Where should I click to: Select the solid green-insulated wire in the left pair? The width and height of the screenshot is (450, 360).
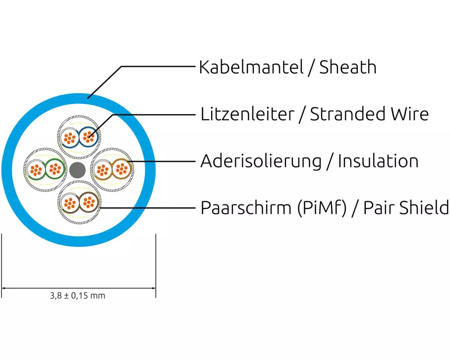54,169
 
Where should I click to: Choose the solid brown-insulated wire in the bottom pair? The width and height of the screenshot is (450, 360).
88,201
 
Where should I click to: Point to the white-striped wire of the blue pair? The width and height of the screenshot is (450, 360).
70,137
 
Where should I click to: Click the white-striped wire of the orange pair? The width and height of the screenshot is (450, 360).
102,169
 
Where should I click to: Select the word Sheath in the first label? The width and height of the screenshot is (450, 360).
348,67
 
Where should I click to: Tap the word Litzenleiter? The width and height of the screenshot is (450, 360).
247,114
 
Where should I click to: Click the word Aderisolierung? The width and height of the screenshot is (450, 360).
261,161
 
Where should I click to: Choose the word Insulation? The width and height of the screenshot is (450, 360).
378,161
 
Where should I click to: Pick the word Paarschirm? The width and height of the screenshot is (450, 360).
244,208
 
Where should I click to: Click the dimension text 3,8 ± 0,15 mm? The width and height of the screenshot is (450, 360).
78,295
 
